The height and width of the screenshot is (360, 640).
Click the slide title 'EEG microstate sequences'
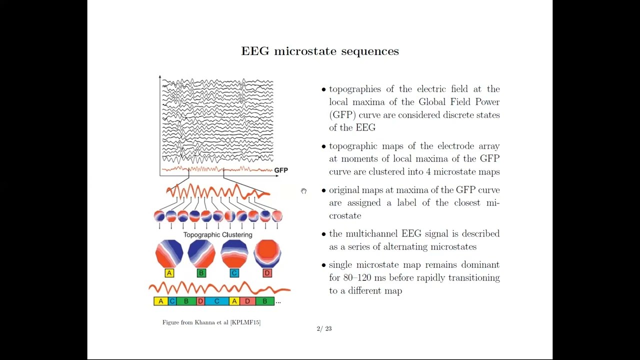[x=320, y=51]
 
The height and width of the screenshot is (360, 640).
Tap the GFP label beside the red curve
[x=281, y=170]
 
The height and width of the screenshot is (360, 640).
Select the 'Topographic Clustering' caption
[x=217, y=235]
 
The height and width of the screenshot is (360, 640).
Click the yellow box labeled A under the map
[x=169, y=273]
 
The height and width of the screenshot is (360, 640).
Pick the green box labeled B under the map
[x=201, y=273]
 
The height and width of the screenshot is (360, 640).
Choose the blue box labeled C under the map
[x=234, y=273]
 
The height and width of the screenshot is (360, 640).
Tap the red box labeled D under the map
[x=267, y=273]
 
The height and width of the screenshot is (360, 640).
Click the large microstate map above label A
[x=169, y=253]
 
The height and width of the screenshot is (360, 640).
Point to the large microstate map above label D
[x=267, y=253]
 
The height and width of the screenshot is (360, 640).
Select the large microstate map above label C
[x=234, y=253]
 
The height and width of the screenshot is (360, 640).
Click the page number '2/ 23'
[x=324, y=329]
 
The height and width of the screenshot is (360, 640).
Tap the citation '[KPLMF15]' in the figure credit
[x=245, y=322]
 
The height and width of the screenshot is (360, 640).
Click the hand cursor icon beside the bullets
[x=303, y=191]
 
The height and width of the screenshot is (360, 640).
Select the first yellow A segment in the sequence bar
[x=161, y=301]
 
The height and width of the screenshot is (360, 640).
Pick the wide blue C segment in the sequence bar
[x=216, y=301]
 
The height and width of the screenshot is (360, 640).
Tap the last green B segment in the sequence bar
[x=265, y=301]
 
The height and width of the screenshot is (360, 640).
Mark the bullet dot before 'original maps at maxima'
[x=323, y=190]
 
